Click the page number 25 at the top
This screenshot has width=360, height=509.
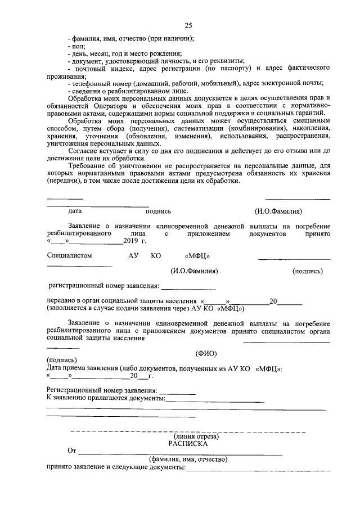[x=188, y=25]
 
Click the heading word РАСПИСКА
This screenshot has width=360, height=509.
[x=188, y=443]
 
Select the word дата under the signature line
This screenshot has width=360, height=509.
[x=75, y=211]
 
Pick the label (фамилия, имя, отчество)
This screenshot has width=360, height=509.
[x=188, y=459]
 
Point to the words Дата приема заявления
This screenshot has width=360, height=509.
[x=80, y=368]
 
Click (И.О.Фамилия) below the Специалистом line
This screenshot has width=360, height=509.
[x=195, y=271]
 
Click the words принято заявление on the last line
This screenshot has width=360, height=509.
[x=73, y=467]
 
